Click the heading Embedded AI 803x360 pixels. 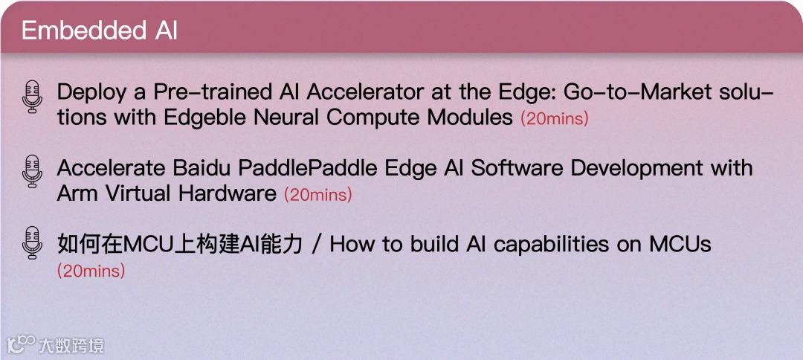point(100,31)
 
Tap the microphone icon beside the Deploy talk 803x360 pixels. point(32,97)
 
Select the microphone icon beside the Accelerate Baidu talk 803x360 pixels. point(32,172)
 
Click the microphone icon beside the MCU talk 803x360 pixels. point(32,242)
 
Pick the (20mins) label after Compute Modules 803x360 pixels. point(554,119)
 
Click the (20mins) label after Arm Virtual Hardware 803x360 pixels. point(317,195)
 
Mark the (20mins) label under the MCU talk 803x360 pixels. point(91,271)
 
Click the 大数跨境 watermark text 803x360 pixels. point(71,345)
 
